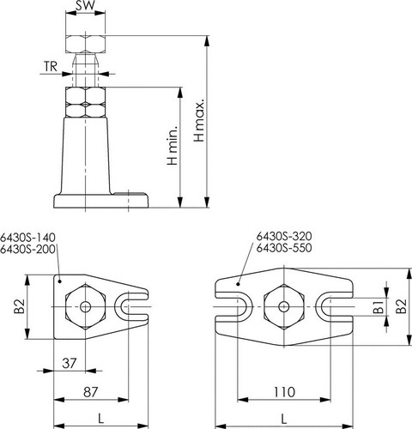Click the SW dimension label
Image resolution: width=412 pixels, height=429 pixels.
point(85,5)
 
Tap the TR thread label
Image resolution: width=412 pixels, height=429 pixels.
point(51,67)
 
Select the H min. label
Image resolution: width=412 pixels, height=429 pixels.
point(173,145)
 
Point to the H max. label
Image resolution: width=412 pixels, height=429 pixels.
point(199,120)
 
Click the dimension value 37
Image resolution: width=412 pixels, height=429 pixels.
point(70,364)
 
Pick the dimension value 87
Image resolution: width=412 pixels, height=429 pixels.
point(91,392)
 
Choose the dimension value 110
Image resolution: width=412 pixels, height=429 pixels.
point(284,392)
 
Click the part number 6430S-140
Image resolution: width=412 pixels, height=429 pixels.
point(27,238)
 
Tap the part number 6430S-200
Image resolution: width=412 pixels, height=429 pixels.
point(27,250)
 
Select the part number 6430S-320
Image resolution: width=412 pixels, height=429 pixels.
point(284,236)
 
